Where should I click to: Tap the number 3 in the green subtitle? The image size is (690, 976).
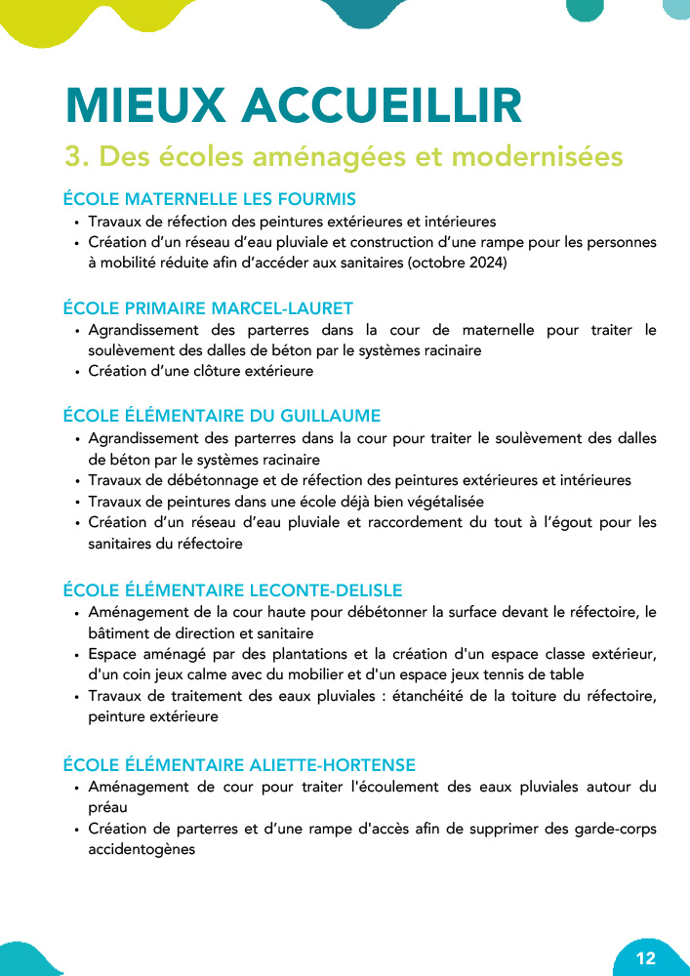click(x=72, y=156)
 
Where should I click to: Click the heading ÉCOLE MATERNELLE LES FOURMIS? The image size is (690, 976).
click(x=209, y=199)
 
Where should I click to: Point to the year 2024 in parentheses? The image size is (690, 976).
click(x=483, y=263)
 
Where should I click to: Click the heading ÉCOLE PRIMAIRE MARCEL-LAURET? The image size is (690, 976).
click(x=208, y=308)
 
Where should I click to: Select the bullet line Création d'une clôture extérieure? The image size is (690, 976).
click(x=201, y=371)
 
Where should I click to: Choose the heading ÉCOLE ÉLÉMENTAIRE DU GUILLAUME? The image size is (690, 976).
click(x=222, y=417)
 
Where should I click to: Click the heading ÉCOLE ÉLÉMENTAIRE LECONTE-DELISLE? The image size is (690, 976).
click(x=232, y=590)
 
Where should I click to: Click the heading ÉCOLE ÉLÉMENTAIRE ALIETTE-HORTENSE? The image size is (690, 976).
click(x=239, y=764)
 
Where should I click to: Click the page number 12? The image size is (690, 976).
click(x=645, y=957)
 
